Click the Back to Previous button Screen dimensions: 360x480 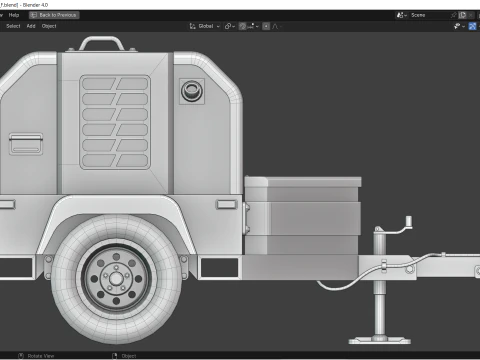point(54,15)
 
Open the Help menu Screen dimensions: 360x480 point(14,15)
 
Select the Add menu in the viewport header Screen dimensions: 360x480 point(30,26)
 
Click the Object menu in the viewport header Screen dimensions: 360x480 point(49,26)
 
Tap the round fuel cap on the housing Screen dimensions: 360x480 point(188,92)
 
